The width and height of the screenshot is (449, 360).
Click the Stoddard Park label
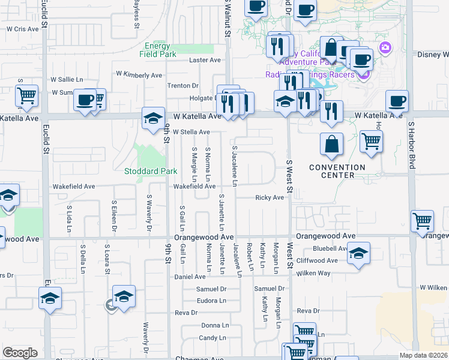click(151, 171)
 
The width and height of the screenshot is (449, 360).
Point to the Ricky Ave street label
click(270, 197)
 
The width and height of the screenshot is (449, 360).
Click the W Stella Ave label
click(191, 132)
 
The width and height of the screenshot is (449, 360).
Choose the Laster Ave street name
click(205, 61)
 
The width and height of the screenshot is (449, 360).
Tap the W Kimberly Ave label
click(139, 75)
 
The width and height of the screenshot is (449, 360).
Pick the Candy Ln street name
click(212, 338)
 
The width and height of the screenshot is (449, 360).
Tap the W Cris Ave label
click(22, 29)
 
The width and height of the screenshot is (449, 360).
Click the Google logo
click(20, 352)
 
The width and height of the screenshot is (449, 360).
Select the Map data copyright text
click(423, 355)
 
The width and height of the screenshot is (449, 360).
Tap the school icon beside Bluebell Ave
click(358, 254)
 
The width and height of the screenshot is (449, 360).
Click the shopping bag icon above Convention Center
click(331, 145)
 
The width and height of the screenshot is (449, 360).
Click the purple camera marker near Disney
click(385, 47)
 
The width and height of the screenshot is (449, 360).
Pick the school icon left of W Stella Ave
click(153, 118)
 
